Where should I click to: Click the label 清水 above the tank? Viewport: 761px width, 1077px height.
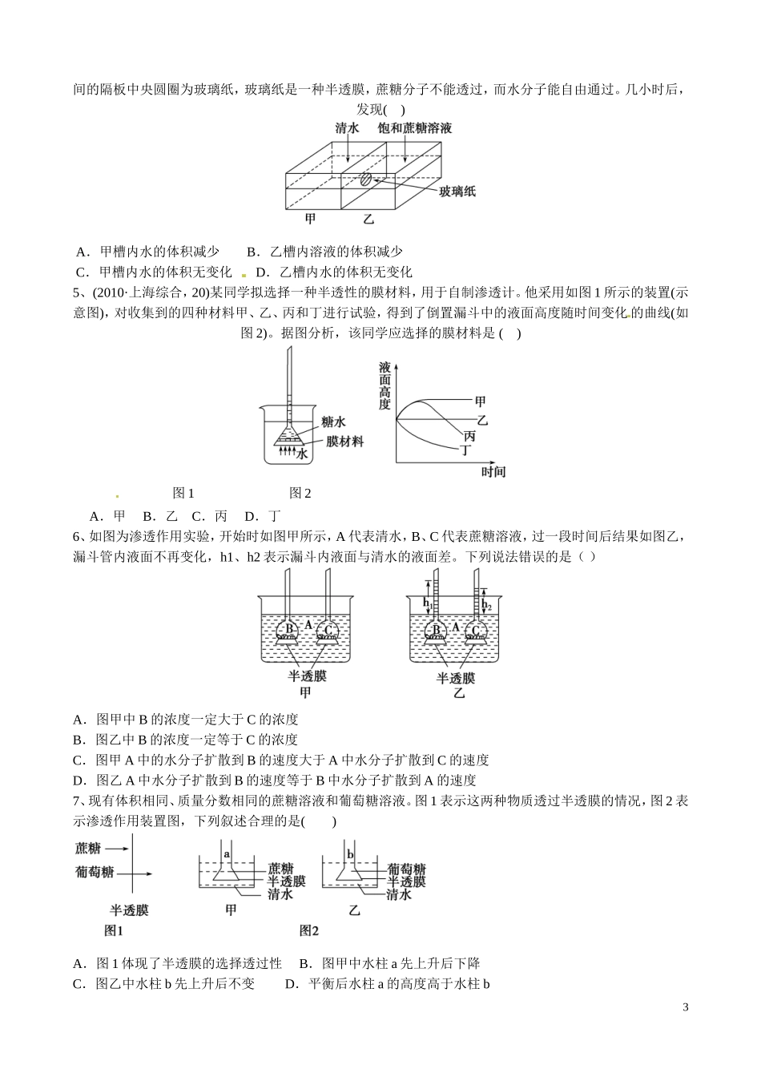[x=347, y=128]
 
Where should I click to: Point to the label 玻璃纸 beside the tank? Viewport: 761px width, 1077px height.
[x=457, y=191]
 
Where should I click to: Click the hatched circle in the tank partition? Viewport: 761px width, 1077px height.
[x=365, y=179]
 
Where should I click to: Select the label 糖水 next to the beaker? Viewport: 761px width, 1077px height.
[x=332, y=422]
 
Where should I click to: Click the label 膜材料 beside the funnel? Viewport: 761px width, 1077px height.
[x=344, y=441]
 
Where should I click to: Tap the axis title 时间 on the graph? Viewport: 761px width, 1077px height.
[x=493, y=472]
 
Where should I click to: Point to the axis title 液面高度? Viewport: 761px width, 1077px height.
[x=385, y=385]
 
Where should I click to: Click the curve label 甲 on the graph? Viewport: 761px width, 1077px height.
[x=480, y=401]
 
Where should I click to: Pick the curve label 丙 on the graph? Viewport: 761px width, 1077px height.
[x=469, y=436]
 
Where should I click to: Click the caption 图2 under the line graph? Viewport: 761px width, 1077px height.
[x=300, y=494]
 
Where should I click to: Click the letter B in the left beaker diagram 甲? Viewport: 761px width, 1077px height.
[x=289, y=629]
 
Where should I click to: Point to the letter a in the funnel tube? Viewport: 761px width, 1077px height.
[x=227, y=855]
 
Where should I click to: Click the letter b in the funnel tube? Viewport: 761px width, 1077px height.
[x=350, y=855]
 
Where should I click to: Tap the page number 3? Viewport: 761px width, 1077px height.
[x=686, y=1007]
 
